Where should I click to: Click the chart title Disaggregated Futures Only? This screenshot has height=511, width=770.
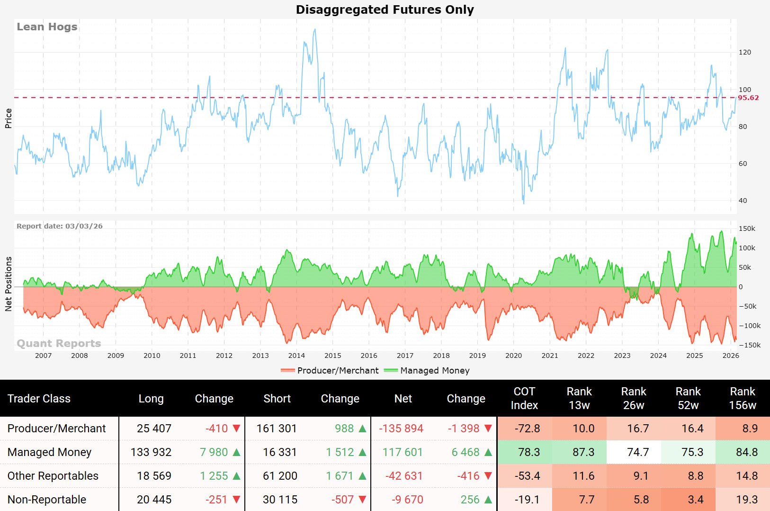385,9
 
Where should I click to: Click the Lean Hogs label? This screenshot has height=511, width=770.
47,27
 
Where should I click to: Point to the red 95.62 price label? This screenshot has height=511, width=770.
748,98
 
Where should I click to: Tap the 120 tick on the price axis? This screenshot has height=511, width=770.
745,52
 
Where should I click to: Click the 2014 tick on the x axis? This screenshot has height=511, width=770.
296,356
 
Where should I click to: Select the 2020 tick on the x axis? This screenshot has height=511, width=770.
513,356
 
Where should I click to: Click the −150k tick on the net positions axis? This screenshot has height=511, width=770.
750,345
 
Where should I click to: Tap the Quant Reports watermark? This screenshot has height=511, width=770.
59,343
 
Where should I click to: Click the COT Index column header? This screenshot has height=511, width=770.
524,398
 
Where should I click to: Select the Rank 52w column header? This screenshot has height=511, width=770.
688,398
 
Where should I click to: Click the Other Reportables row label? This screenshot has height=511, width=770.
53,476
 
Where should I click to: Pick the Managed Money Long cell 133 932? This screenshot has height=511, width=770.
151,452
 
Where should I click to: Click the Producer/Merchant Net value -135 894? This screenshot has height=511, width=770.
401,429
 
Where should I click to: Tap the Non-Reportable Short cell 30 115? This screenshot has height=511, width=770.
280,500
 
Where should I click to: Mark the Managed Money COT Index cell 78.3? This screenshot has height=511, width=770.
529,452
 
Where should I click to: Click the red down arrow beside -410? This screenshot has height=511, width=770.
236,429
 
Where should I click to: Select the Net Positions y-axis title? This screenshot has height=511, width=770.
9,284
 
